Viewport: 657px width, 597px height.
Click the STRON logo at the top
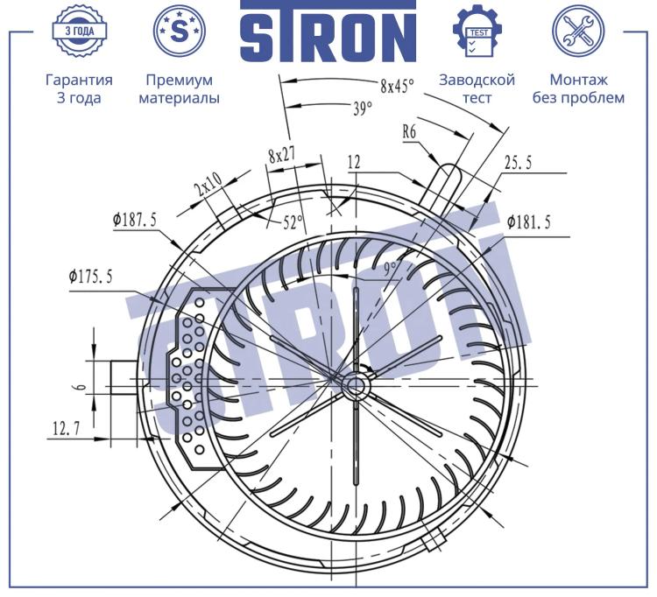[328, 31]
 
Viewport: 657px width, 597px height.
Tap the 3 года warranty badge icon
[79, 31]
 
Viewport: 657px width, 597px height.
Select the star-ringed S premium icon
[179, 31]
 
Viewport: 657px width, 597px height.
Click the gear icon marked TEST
[477, 31]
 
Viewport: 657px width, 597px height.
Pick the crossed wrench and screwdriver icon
[578, 31]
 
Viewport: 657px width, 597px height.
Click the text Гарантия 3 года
[79, 88]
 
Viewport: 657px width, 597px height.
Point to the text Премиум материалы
[179, 88]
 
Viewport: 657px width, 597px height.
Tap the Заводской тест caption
[477, 88]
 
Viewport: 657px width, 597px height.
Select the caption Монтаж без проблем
[578, 88]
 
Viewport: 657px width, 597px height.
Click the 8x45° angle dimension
[397, 86]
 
